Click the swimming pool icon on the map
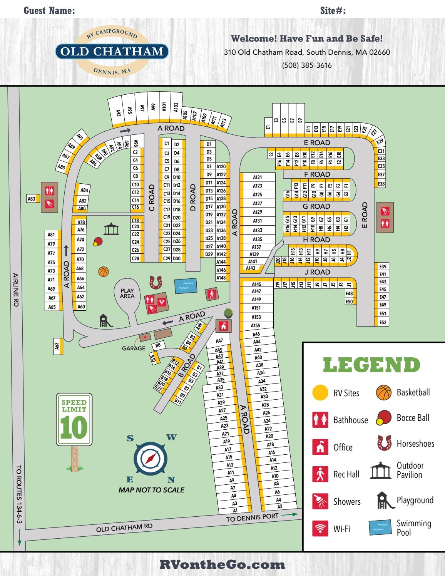click(186, 285)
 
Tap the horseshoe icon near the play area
click(156, 282)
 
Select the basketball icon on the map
click(104, 271)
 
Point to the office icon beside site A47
click(223, 326)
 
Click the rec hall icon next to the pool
click(211, 294)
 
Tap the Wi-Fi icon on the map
click(162, 301)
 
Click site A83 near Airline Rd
click(32, 199)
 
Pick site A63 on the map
click(57, 346)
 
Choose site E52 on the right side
click(382, 323)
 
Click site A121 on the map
click(258, 177)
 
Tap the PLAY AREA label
click(127, 293)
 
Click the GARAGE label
click(134, 348)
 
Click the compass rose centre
click(151, 458)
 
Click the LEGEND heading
click(371, 365)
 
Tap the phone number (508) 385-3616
click(307, 65)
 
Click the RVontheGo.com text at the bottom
click(222, 564)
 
